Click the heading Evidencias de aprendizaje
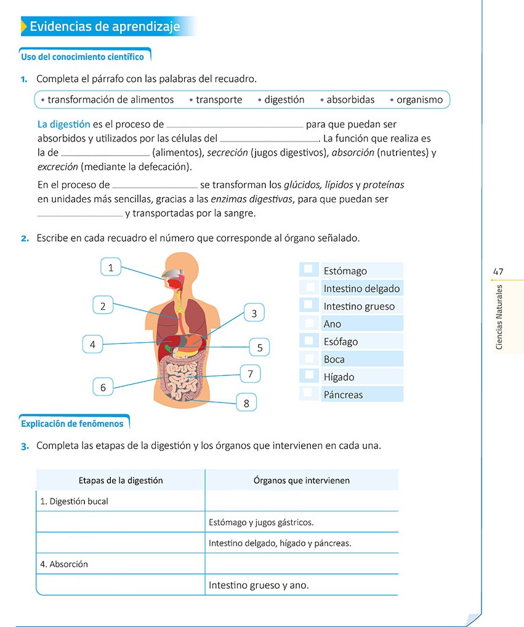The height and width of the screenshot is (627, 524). [x=105, y=27]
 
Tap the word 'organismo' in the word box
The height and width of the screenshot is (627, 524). [x=419, y=100]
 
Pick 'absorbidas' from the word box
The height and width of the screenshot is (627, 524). [x=350, y=100]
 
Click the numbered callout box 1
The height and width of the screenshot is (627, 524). [x=110, y=267]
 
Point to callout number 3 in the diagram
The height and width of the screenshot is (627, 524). [x=254, y=313]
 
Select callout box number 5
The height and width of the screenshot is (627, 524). [x=260, y=348]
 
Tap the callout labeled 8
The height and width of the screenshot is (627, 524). [x=246, y=404]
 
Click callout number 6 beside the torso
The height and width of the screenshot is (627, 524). [x=103, y=387]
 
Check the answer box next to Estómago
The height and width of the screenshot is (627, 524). [x=308, y=270]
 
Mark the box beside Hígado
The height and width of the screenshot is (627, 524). [x=308, y=375]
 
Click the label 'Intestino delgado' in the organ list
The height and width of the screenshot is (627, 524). [x=361, y=289]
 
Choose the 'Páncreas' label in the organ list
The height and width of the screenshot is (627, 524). [x=343, y=395]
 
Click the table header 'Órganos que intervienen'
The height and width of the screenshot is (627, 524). [x=301, y=481]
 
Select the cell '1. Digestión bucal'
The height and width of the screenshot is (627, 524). [x=74, y=501]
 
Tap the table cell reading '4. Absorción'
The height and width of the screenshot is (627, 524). [x=64, y=564]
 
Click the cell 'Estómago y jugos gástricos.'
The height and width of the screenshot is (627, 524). [x=261, y=522]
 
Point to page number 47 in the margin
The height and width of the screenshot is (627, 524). [x=498, y=271]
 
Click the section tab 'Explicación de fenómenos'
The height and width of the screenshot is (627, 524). [x=72, y=424]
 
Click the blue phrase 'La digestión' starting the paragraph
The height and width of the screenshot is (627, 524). [x=63, y=124]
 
